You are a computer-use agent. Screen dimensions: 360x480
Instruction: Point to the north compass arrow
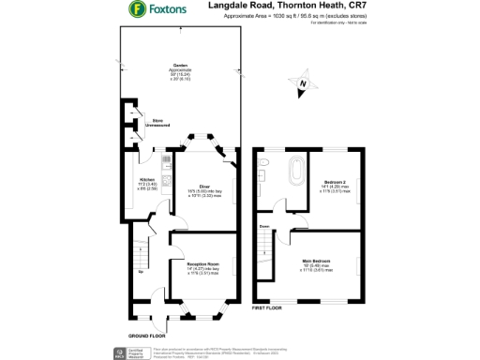(x=303, y=85)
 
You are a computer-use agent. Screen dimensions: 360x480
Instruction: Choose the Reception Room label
(x=198, y=264)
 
